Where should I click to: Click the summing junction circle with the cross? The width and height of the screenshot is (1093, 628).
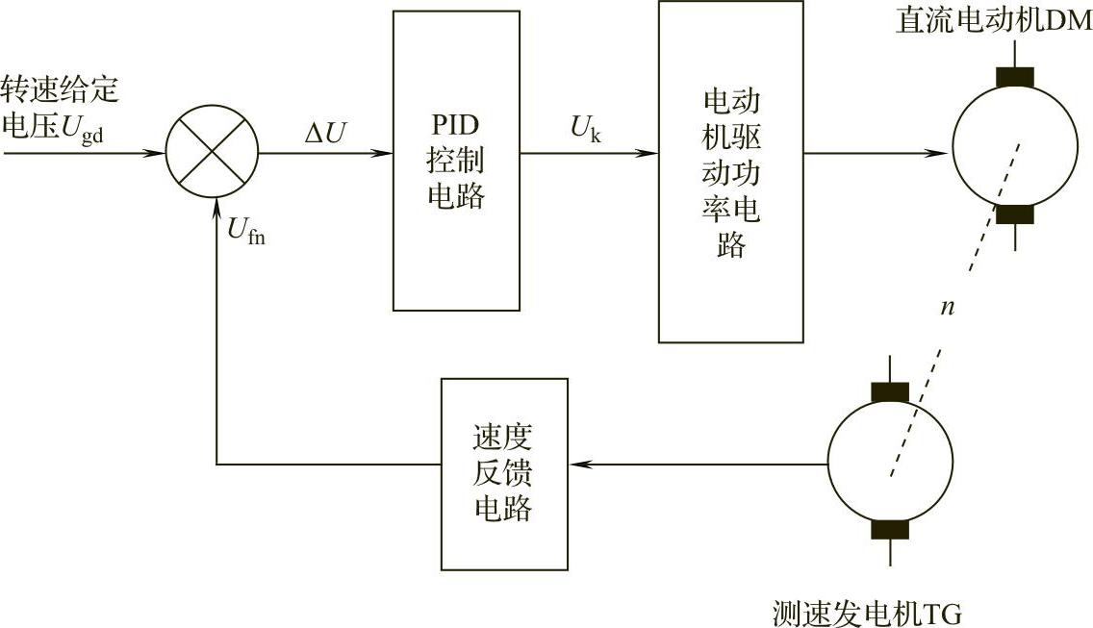click(212, 153)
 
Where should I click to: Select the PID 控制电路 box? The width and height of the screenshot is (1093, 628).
click(456, 161)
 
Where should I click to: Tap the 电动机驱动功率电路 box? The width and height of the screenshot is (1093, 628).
click(731, 172)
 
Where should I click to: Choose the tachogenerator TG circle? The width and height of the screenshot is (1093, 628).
click(891, 465)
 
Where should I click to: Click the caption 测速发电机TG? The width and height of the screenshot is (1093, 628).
click(866, 613)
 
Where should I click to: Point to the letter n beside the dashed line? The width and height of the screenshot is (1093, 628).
click(948, 307)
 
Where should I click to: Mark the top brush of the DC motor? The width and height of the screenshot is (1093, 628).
click(1014, 77)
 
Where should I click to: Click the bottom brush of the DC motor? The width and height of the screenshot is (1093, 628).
click(1014, 214)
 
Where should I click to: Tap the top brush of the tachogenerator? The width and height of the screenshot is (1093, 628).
click(890, 391)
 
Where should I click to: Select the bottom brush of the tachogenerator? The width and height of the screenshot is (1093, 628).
click(890, 530)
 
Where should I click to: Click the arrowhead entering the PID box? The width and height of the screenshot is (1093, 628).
click(385, 153)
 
